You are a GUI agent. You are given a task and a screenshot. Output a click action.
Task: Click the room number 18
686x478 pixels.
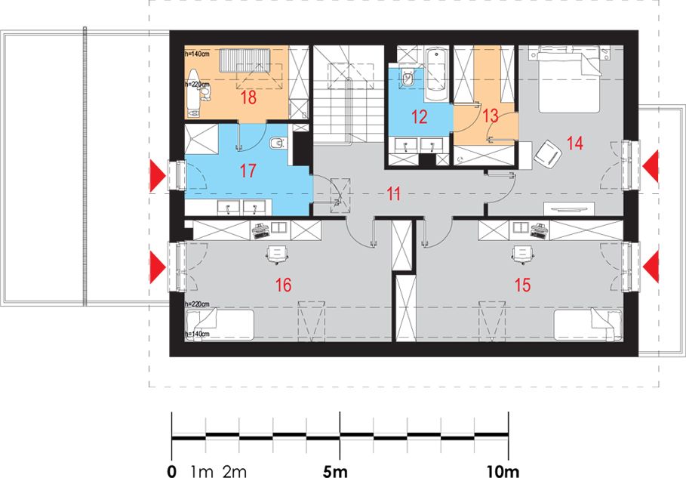coord(248,97)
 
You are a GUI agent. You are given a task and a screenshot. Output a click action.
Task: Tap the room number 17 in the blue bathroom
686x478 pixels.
coord(248,170)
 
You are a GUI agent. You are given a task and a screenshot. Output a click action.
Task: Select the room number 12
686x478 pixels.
coord(419,117)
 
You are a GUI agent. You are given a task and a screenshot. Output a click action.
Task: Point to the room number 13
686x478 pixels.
coord(491,116)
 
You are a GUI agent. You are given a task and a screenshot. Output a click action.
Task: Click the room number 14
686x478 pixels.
coord(575,143)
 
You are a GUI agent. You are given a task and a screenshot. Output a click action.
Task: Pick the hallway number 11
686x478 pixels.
coord(394,193)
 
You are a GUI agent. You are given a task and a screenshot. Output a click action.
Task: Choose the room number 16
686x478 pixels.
coord(283,285)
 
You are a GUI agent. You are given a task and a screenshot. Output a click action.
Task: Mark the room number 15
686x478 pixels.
coord(522,285)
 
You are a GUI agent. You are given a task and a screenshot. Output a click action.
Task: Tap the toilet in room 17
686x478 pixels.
coord(278,143)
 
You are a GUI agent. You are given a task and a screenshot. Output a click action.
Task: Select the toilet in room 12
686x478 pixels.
coord(408,79)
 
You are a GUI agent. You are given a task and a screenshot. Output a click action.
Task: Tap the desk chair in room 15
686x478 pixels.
coord(522,254)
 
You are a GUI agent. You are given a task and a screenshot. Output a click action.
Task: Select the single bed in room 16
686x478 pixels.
coord(219,325)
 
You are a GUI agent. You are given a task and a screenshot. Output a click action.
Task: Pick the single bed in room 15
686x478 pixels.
coord(588,325)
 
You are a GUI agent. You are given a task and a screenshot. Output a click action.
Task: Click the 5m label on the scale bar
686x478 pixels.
coord(335,471)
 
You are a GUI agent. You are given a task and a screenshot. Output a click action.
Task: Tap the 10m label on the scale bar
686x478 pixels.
coord(503,471)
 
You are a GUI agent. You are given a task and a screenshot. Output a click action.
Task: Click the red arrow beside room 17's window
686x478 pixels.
coord(158,175)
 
